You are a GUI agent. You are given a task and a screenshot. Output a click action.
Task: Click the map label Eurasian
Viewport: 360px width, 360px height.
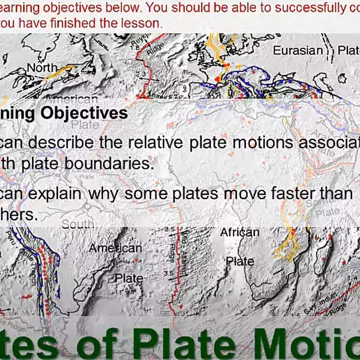[x=297, y=50]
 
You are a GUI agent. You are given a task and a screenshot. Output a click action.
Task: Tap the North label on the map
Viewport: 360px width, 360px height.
[x=42, y=68]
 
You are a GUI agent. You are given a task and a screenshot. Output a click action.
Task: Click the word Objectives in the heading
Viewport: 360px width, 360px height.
[x=91, y=113]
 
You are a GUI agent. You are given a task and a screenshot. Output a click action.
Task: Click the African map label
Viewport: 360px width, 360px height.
[x=240, y=233]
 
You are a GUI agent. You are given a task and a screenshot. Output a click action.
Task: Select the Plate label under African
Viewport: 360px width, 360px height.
[x=240, y=261]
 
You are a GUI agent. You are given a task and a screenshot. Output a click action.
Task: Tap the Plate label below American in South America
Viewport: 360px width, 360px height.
[x=129, y=278]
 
